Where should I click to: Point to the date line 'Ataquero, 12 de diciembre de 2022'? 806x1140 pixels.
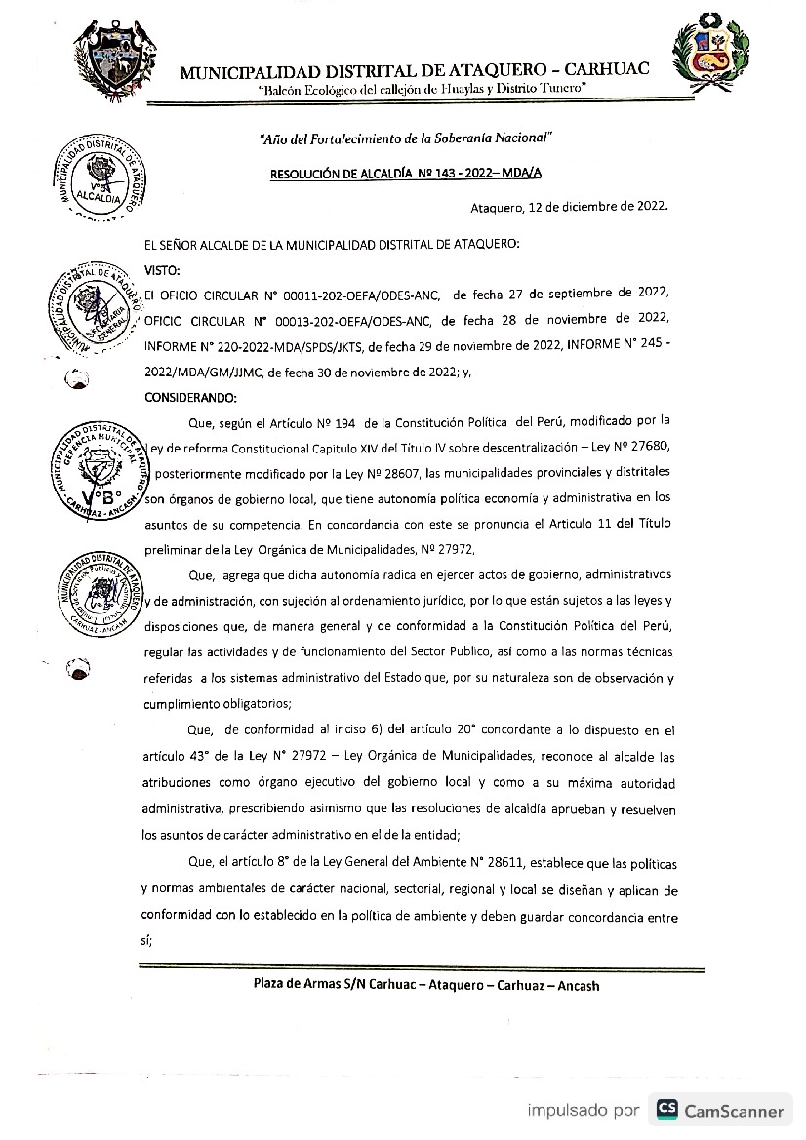pos(569,207)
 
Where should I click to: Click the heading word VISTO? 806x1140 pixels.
pos(161,268)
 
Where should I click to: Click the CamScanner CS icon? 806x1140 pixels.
pos(668,1110)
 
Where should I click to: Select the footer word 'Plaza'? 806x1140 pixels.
pos(273,986)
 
